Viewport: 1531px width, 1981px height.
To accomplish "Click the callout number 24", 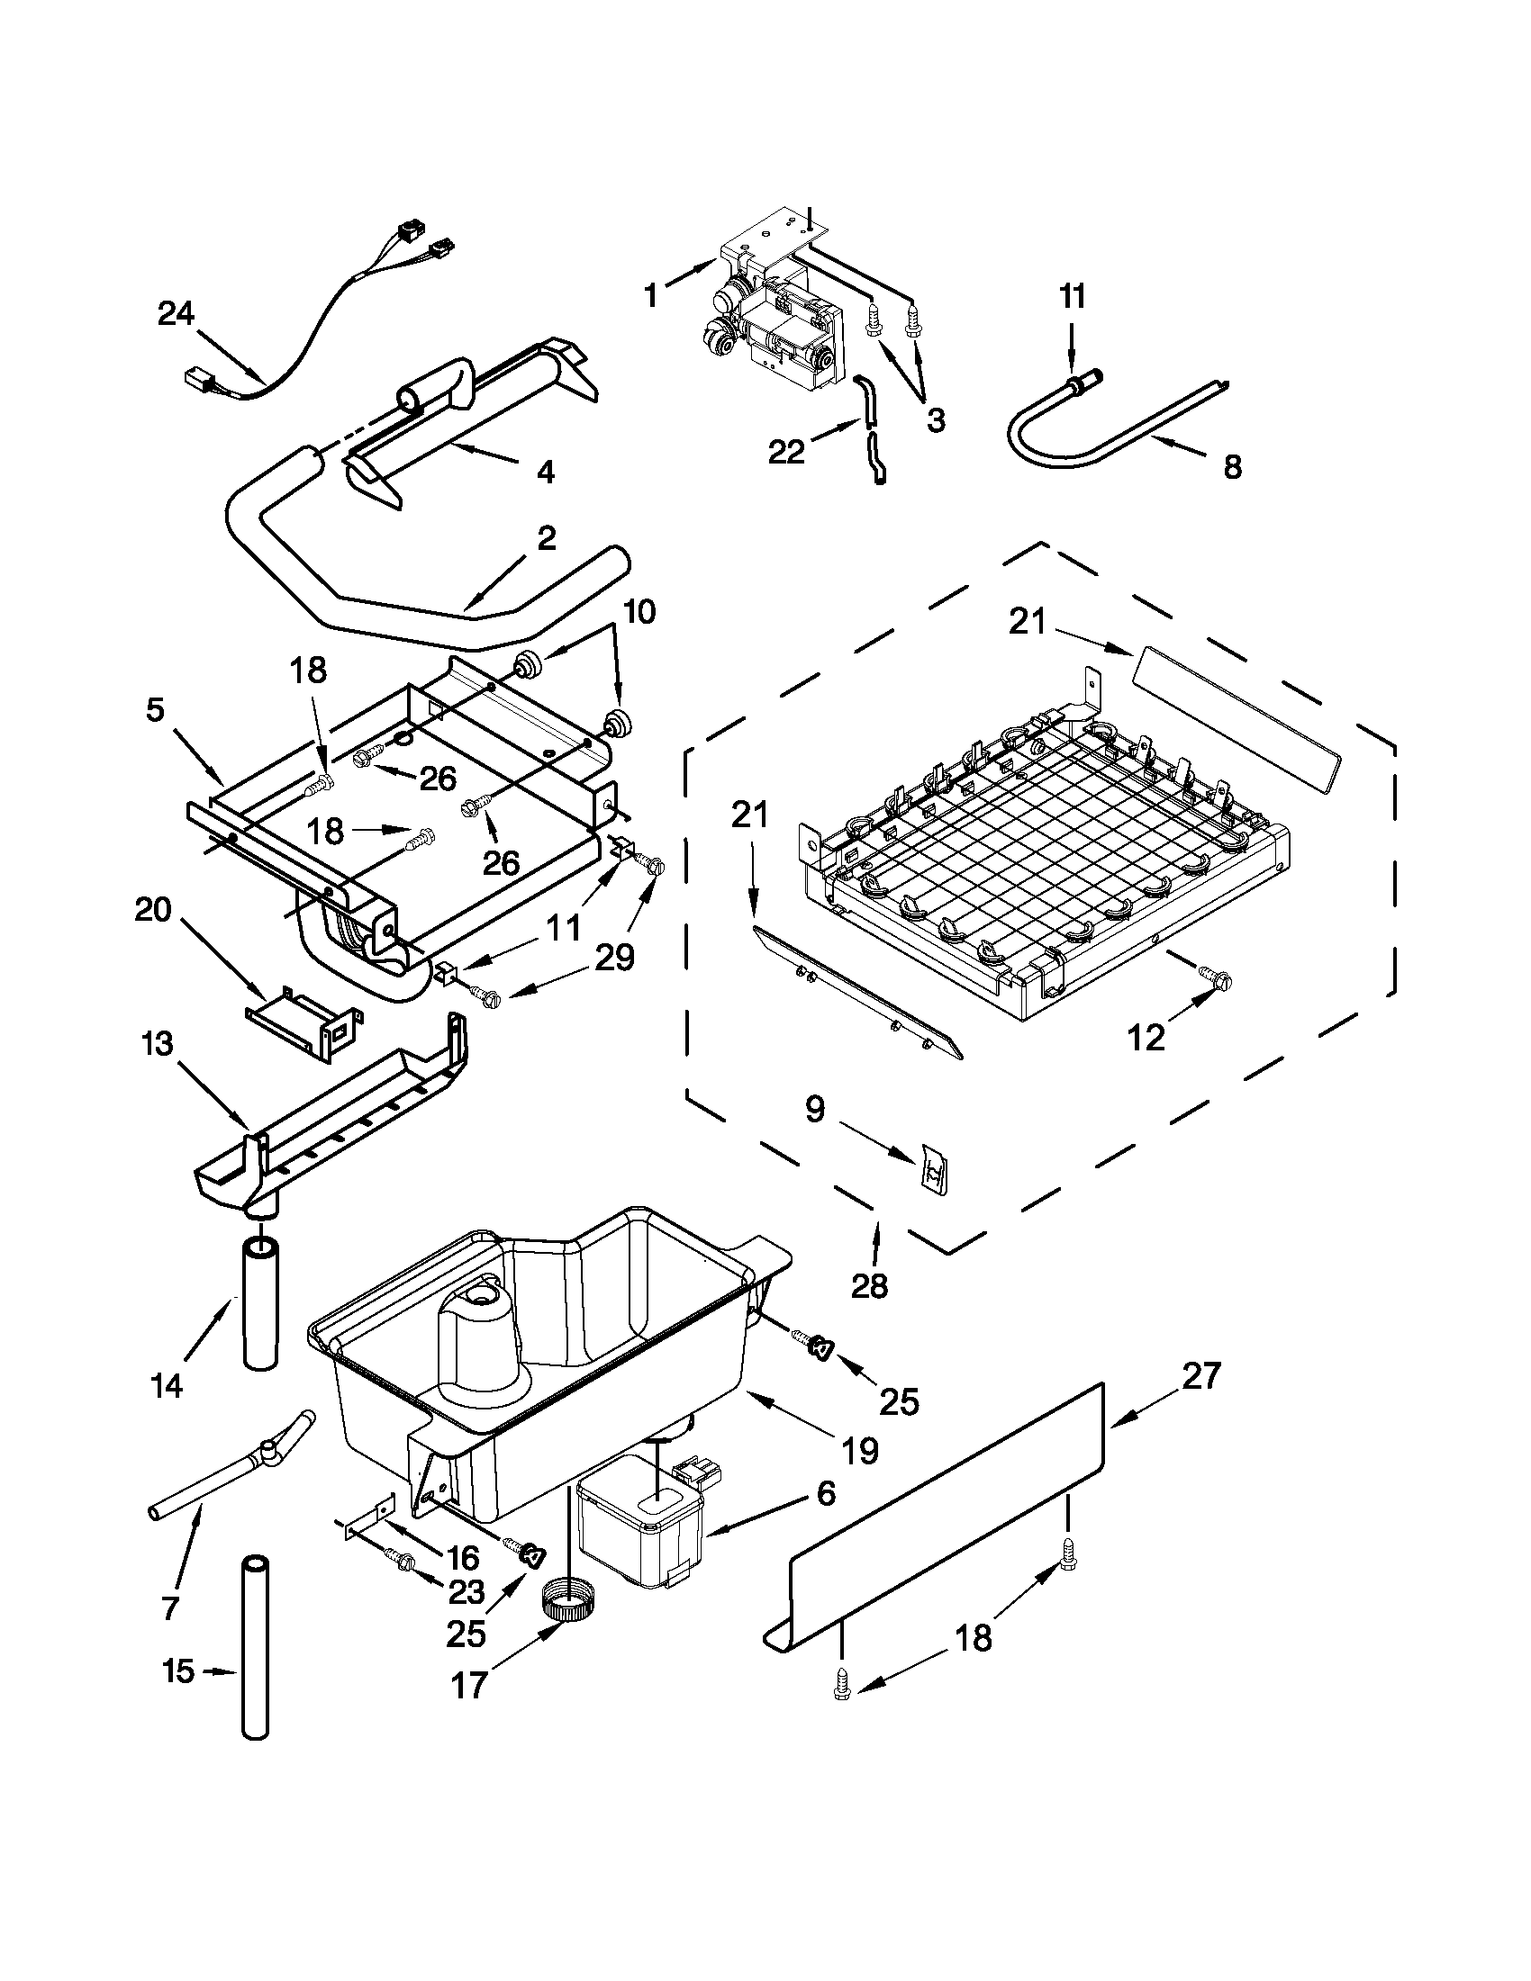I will [x=176, y=314].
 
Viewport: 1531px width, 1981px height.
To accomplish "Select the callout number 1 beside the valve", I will [x=651, y=296].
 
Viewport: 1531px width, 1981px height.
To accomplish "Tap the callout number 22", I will [x=786, y=451].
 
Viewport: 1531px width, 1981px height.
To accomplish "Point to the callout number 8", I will [x=1231, y=468].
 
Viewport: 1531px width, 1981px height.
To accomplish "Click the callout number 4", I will [x=546, y=472].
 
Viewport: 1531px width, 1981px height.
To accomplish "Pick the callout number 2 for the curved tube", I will [x=546, y=538].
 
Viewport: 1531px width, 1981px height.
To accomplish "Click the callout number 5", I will [x=155, y=710].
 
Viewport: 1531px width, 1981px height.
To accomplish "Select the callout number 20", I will [x=152, y=908].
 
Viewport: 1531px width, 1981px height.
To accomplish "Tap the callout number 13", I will [x=157, y=1043].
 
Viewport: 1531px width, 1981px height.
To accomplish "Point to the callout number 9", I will [x=815, y=1109].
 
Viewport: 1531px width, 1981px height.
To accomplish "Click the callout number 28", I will [x=869, y=1285].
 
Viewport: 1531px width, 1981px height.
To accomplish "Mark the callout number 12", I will [x=1146, y=1038].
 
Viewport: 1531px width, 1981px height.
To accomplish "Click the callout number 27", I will [x=1202, y=1376].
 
